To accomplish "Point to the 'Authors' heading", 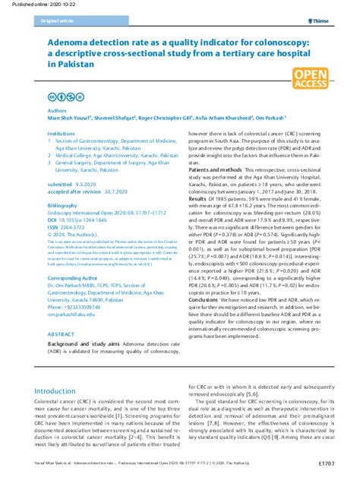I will click(x=57, y=110).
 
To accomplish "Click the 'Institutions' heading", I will click(x=61, y=133).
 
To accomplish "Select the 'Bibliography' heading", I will click(x=62, y=205).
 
